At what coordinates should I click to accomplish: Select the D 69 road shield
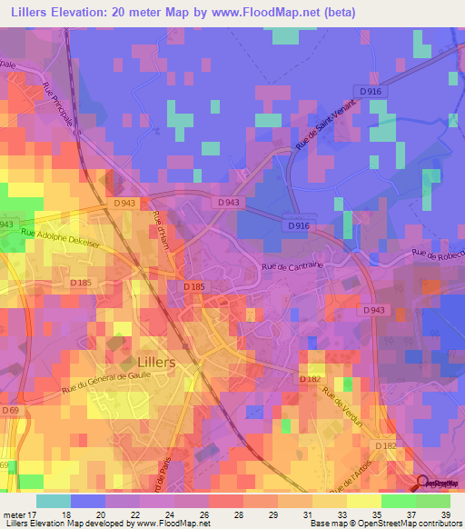coord(10,412)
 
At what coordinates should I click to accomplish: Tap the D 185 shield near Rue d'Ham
coord(193,286)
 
